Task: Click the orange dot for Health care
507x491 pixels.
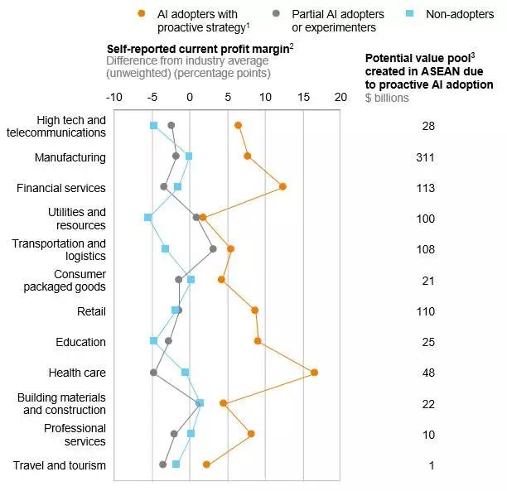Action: (314, 373)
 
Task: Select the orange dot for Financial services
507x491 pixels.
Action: (282, 186)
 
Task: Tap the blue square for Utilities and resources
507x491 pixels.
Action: (148, 218)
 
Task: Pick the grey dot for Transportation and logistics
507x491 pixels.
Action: (213, 248)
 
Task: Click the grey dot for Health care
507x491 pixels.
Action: (153, 373)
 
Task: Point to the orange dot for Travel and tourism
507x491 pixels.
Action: (206, 465)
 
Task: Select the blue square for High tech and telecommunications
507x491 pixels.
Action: (153, 125)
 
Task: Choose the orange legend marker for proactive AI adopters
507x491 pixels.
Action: (142, 13)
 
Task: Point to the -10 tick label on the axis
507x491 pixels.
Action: (114, 96)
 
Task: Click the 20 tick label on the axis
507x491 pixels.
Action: (340, 96)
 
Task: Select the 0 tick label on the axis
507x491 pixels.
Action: (190, 96)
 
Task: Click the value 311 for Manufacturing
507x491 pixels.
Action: (426, 157)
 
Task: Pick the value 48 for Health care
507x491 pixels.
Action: (427, 373)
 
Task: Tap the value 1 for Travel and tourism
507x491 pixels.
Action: (431, 465)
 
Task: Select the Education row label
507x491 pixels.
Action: (80, 342)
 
